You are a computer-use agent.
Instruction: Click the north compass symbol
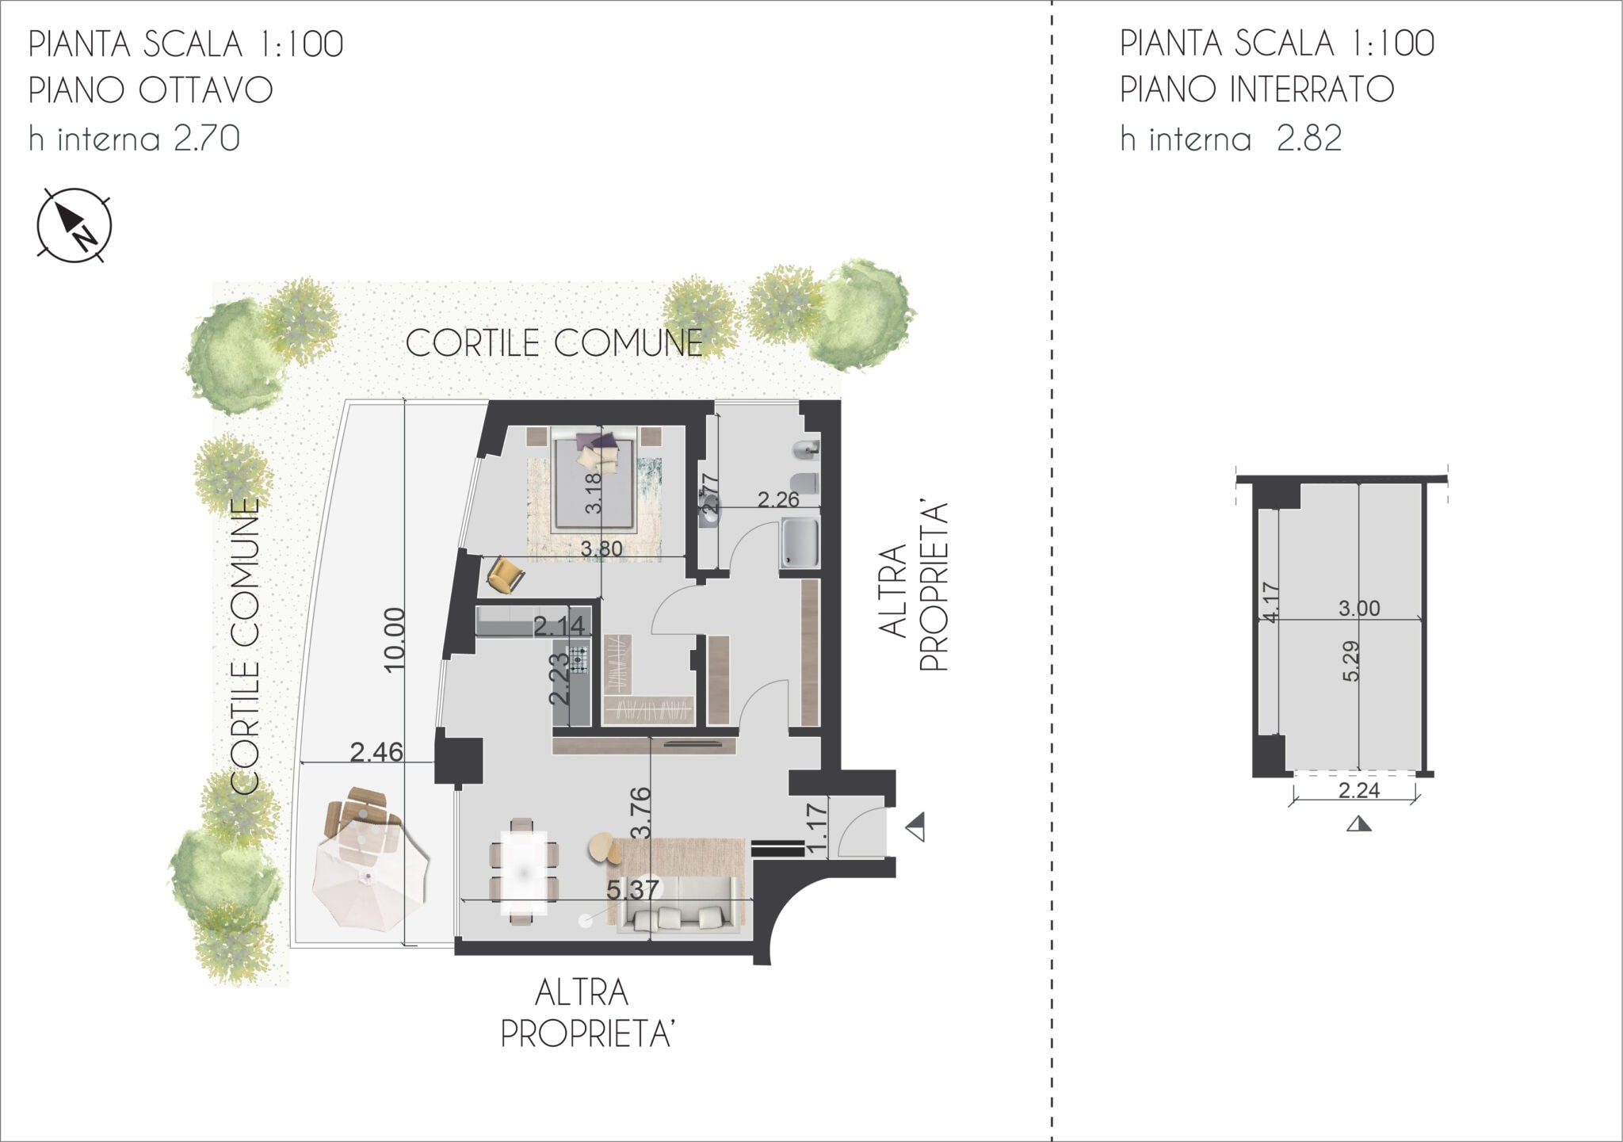tap(74, 225)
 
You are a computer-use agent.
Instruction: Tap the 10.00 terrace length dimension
tap(394, 639)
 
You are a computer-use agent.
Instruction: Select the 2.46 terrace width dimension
tap(377, 751)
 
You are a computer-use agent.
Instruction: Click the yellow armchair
tap(506, 574)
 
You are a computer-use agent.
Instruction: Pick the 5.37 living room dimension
tap(632, 890)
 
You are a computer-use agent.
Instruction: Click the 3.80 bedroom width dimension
tap(601, 548)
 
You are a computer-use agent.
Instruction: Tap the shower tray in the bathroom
tap(800, 543)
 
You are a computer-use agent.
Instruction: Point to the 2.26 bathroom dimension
tap(778, 499)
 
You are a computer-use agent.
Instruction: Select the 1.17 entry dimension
tap(818, 828)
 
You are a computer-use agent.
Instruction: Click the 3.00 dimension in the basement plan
tap(1359, 609)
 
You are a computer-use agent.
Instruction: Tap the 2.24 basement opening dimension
tap(1359, 791)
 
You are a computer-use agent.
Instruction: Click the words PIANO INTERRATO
tap(1257, 90)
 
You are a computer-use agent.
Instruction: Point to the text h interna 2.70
tap(135, 139)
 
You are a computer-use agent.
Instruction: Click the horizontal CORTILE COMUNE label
tap(555, 343)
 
